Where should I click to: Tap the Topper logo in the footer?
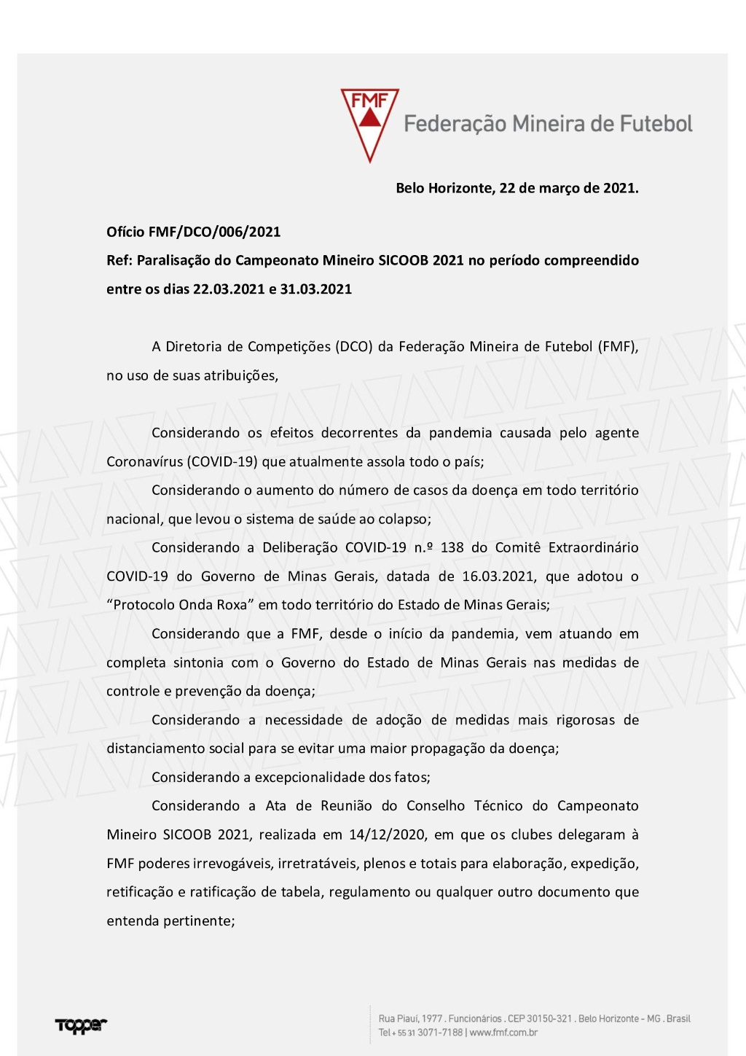(x=81, y=1025)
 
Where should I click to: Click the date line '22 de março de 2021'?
(x=568, y=188)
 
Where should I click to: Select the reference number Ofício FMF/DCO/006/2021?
(x=193, y=232)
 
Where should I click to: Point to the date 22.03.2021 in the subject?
(x=228, y=289)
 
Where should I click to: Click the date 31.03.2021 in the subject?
(x=315, y=289)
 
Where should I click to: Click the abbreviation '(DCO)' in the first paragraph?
(x=353, y=346)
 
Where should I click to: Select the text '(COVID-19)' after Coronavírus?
(x=222, y=461)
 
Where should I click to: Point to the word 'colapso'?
(x=405, y=519)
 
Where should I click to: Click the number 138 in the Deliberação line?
(x=452, y=547)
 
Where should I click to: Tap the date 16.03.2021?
(x=498, y=576)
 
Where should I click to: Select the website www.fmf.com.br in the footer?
(x=503, y=1033)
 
